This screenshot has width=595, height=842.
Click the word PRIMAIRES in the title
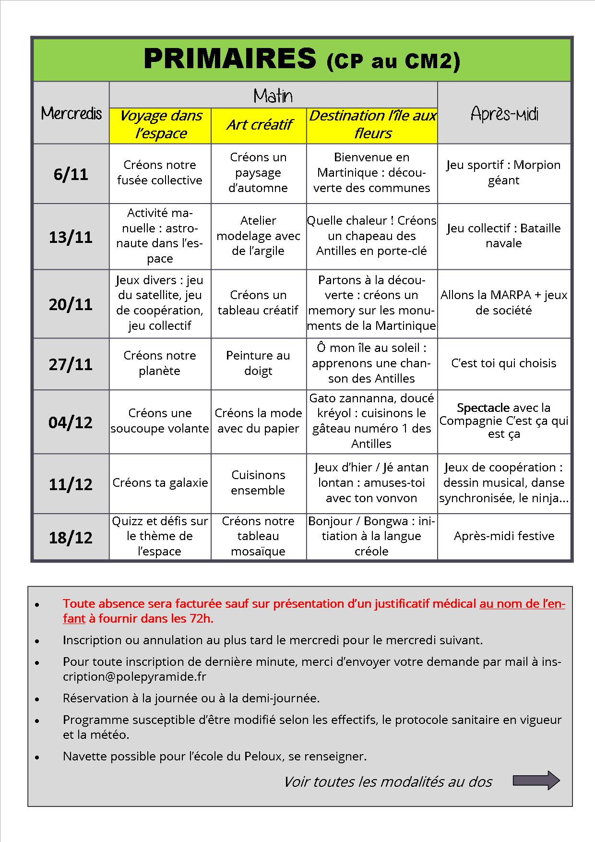(x=230, y=60)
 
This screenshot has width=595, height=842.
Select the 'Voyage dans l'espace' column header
(x=160, y=124)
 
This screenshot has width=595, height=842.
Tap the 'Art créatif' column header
(x=259, y=125)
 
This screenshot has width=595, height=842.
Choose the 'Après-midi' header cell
(x=504, y=114)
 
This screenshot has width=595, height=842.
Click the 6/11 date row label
(x=71, y=174)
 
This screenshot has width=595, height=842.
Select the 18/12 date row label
(x=71, y=537)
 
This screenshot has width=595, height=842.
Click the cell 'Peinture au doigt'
(x=258, y=363)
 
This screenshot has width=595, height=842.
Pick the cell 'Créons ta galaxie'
(x=160, y=483)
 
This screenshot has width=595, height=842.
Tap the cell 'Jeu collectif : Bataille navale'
(x=504, y=235)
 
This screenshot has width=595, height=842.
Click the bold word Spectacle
(x=483, y=408)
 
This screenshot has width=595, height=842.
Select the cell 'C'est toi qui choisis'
(x=504, y=363)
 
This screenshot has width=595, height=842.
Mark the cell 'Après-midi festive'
(x=504, y=536)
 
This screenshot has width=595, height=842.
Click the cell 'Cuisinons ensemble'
(x=258, y=482)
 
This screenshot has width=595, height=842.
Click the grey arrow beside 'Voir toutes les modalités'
(x=536, y=781)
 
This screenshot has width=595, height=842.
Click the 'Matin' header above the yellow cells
(x=273, y=96)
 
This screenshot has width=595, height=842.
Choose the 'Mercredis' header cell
(x=71, y=113)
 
